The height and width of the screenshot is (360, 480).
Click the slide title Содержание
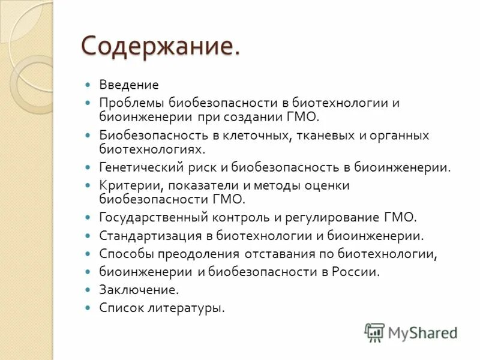tap(161, 46)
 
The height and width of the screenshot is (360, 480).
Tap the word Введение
tap(129, 85)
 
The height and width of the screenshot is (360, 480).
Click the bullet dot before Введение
tap(88, 85)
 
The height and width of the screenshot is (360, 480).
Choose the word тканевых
tap(322, 135)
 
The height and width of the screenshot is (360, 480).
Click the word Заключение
tap(139, 290)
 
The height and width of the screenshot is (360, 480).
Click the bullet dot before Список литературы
tap(88, 308)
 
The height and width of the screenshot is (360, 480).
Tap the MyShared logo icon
tap(374, 332)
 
